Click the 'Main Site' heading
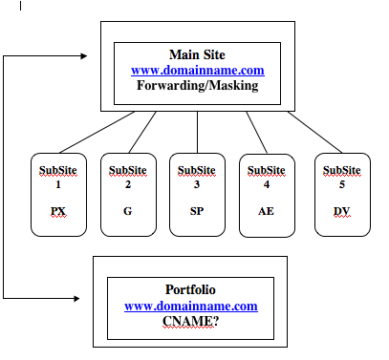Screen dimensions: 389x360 [x=197, y=54]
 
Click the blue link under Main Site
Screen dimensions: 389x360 [x=198, y=70]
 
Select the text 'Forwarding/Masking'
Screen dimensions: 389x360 [x=198, y=85]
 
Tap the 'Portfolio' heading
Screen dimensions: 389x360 [x=190, y=289]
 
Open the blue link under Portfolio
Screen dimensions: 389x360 [x=191, y=306]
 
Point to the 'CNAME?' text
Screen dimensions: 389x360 [x=190, y=321]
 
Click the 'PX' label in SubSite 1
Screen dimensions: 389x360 [x=58, y=211]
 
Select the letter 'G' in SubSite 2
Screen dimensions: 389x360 [x=127, y=211]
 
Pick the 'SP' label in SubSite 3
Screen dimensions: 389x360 [x=197, y=211]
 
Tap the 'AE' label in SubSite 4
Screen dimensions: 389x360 [x=266, y=211]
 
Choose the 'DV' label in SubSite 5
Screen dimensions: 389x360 [x=341, y=211]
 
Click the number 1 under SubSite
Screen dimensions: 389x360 [x=58, y=184]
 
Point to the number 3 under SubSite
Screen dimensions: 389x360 [x=197, y=184]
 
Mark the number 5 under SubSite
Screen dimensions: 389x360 [x=342, y=184]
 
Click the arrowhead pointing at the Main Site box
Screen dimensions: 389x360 [x=84, y=56]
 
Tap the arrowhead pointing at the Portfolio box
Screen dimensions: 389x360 [x=76, y=298]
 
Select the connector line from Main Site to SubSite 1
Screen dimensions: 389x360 [x=97, y=132]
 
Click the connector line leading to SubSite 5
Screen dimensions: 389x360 [x=314, y=132]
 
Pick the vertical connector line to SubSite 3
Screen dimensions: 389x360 [x=197, y=132]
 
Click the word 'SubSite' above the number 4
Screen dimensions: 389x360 [x=267, y=171]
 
